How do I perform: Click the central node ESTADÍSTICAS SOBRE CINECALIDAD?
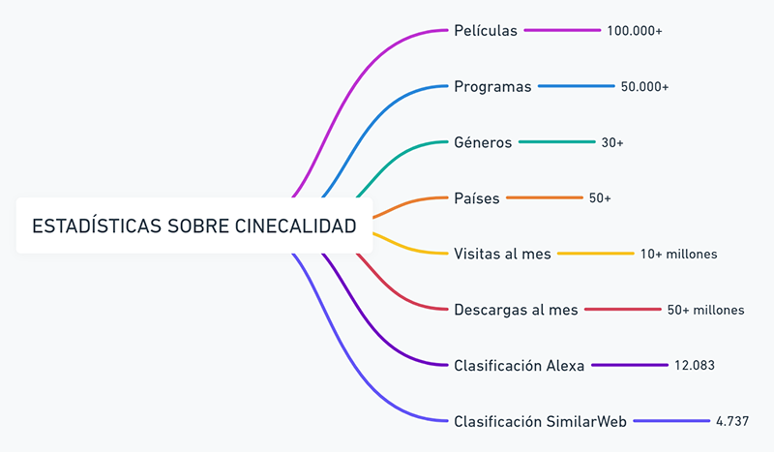[x=193, y=226]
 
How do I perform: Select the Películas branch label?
[x=486, y=31]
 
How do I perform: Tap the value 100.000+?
[x=635, y=31]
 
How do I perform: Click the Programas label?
[x=492, y=87]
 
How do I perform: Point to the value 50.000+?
[x=645, y=87]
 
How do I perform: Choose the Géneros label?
[x=483, y=142]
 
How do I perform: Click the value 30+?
[x=612, y=142]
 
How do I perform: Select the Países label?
[x=477, y=198]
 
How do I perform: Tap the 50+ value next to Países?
[x=600, y=198]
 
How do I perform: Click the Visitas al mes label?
[x=502, y=254]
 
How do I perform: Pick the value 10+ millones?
[x=679, y=254]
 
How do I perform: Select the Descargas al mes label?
[x=516, y=310]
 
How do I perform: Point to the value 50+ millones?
[x=706, y=310]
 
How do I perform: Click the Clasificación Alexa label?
[x=519, y=365]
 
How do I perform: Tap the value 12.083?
[x=696, y=365]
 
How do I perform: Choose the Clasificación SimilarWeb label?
[x=540, y=421]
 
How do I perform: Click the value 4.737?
[x=732, y=421]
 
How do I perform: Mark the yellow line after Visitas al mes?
[x=595, y=254]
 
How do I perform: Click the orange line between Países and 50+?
[x=544, y=198]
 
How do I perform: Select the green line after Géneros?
[x=556, y=142]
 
